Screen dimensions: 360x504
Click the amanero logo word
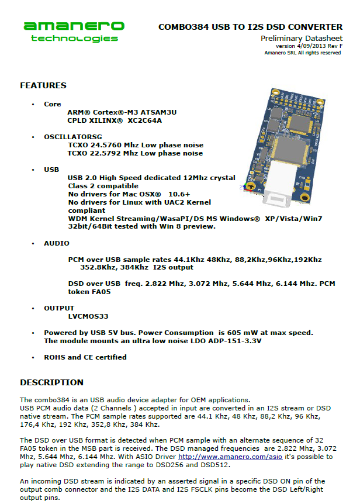tap(74, 26)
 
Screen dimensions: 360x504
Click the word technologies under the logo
tap(74, 39)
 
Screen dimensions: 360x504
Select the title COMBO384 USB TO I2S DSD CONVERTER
tap(251, 27)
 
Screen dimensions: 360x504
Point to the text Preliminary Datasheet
tap(302, 39)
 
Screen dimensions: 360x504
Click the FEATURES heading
tap(43, 85)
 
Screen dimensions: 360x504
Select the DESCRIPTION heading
tap(51, 382)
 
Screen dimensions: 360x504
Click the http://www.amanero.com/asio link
tap(230, 457)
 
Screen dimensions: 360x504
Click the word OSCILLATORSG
tap(73, 137)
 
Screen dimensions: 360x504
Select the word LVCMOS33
tap(88, 316)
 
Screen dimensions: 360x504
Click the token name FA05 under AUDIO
tap(100, 292)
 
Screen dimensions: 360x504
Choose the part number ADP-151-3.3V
tap(235, 341)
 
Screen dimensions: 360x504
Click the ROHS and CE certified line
tap(85, 357)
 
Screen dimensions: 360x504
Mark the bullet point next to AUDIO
tap(33, 244)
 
